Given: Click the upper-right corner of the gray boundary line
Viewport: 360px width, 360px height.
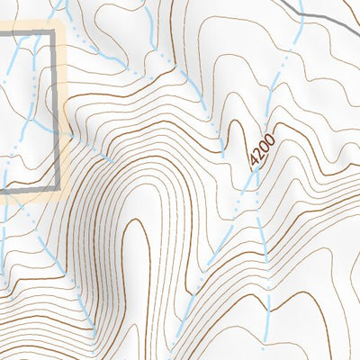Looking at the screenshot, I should pos(60,31).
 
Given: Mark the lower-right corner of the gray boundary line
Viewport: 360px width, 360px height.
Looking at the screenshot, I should pos(60,188).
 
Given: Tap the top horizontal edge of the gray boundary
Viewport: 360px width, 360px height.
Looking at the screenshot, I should pos(27,31).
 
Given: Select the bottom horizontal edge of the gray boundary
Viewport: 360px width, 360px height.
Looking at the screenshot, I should pos(27,190).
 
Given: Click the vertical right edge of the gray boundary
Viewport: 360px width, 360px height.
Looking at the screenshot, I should pos(60,108).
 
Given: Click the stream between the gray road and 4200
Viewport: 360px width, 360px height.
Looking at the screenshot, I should pos(283,67).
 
